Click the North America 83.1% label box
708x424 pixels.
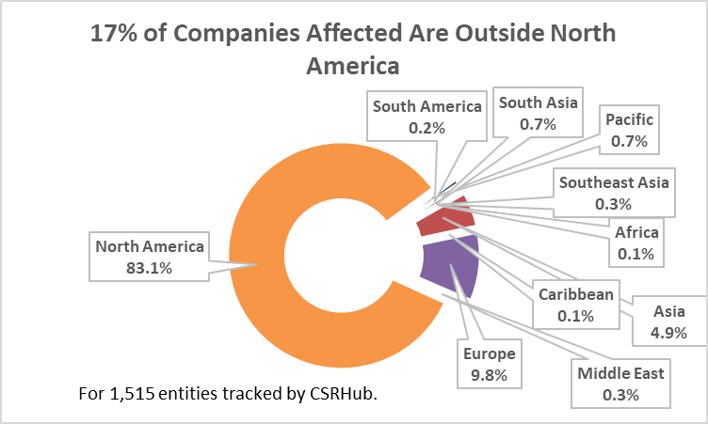tap(149, 257)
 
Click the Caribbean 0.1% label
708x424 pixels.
tap(575, 305)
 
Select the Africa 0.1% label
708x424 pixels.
tap(636, 243)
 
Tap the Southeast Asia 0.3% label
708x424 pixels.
tap(613, 192)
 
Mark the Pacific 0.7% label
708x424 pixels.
tap(629, 131)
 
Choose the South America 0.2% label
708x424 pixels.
tap(426, 117)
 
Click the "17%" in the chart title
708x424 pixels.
tap(113, 35)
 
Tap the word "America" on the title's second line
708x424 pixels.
tap(354, 67)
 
